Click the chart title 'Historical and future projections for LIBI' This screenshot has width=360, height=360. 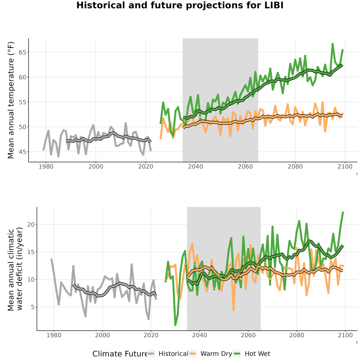[180, 5]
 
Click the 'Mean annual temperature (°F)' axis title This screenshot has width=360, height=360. [11, 100]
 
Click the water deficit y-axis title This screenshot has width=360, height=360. [15, 269]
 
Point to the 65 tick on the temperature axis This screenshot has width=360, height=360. [22, 52]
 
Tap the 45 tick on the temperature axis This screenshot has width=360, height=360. [22, 152]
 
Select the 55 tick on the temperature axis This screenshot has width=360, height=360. [22, 102]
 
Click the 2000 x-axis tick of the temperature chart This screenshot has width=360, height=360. [96, 166]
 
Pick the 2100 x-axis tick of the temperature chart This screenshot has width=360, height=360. [345, 166]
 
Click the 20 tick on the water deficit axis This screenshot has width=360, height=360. [31, 224]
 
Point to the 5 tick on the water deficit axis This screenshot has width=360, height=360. [33, 307]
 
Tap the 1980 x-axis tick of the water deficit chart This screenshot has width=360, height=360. [54, 335]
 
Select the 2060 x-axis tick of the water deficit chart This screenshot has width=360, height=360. [248, 335]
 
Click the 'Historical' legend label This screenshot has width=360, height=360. [173, 354]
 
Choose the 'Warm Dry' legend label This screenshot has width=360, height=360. [216, 354]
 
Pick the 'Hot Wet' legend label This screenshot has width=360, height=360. [257, 354]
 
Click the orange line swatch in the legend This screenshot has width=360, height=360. [193, 354]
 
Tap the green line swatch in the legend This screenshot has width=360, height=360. [237, 354]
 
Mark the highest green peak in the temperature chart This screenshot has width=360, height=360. [332, 44]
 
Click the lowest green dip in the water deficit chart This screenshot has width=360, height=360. [176, 325]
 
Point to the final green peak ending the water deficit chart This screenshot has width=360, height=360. [343, 212]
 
